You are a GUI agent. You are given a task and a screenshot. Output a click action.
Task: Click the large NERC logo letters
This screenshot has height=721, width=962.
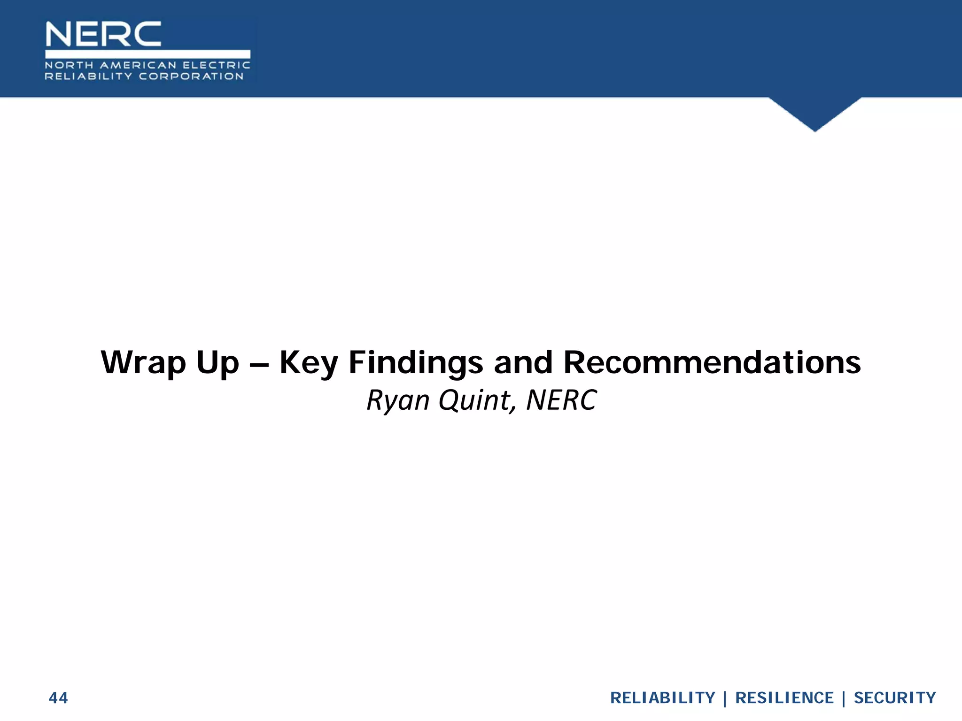pos(103,34)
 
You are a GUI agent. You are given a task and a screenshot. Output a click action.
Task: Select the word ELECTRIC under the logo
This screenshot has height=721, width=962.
pos(217,65)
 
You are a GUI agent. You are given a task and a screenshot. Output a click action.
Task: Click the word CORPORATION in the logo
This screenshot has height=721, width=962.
pos(191,77)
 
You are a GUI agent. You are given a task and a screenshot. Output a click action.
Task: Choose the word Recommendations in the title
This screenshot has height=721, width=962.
pos(712,363)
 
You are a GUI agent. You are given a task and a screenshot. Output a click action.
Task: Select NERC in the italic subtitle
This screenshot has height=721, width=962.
pos(561,400)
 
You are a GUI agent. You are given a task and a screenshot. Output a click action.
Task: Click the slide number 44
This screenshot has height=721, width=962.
pos(58,698)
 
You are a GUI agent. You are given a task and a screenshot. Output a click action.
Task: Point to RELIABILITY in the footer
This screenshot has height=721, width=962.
pos(662,698)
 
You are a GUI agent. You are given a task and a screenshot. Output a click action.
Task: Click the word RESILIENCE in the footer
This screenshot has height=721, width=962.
pos(784,698)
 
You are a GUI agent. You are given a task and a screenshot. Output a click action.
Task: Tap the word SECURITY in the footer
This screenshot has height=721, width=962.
pos(894,698)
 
